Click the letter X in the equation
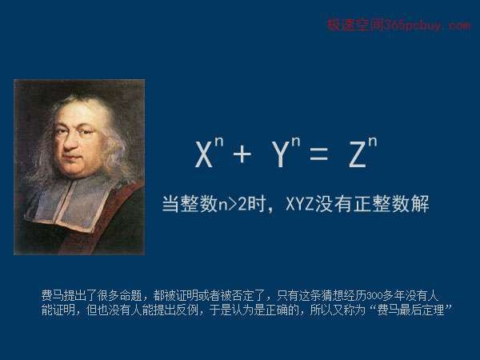(x=204, y=154)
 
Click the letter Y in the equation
(x=281, y=154)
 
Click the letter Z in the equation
(x=358, y=154)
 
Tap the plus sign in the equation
(x=242, y=154)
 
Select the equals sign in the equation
(x=319, y=154)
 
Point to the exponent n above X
(x=219, y=143)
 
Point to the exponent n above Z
(x=373, y=143)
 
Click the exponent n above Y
(x=296, y=143)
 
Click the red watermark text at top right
(x=398, y=25)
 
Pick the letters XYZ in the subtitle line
(x=300, y=203)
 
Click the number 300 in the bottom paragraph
(x=373, y=296)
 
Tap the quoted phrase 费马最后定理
(x=410, y=310)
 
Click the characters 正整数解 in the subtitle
(x=391, y=203)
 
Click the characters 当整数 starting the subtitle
(x=190, y=203)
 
